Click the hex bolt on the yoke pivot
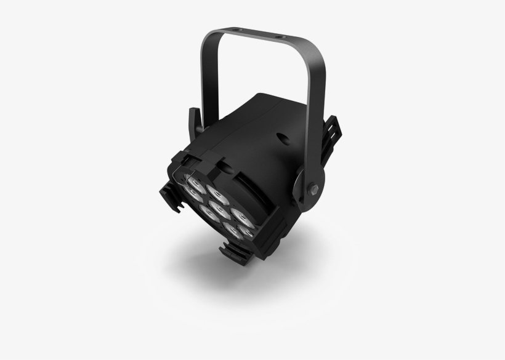coord(312,186)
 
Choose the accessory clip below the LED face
coord(238,252)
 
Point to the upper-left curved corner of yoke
coord(208,37)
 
